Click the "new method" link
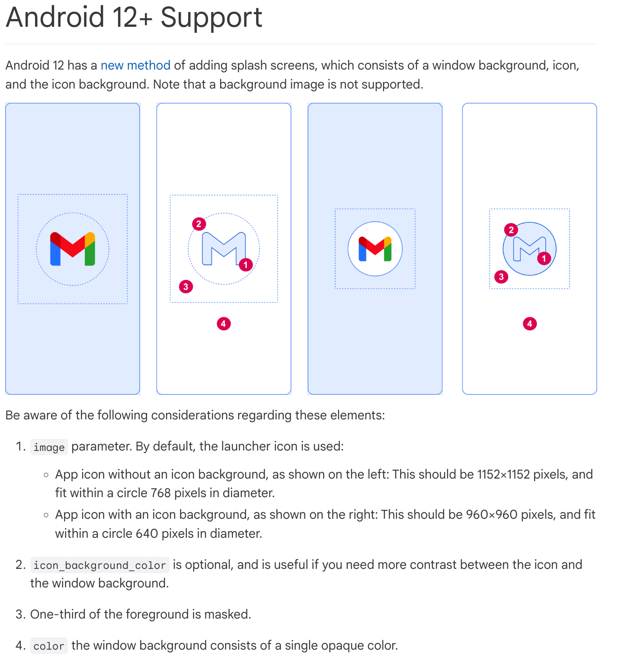pos(135,65)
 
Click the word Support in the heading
pos(211,18)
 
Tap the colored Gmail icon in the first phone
pos(73,249)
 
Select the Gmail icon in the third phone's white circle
pos(375,249)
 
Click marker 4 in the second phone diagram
pos(224,324)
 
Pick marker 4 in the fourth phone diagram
pos(529,324)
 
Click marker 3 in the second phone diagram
pos(186,286)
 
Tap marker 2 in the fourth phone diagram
pos(511,229)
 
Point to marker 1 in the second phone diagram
pos(246,264)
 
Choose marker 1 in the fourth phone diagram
pos(544,258)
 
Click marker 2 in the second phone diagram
pos(199,224)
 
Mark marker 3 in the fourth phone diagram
pos(501,276)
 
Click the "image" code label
pos(49,447)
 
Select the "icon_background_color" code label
pos(99,565)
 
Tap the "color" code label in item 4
pos(49,646)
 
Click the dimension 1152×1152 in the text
pos(503,474)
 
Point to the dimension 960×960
pos(491,514)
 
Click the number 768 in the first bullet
pos(161,493)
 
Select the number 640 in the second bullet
pos(147,533)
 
